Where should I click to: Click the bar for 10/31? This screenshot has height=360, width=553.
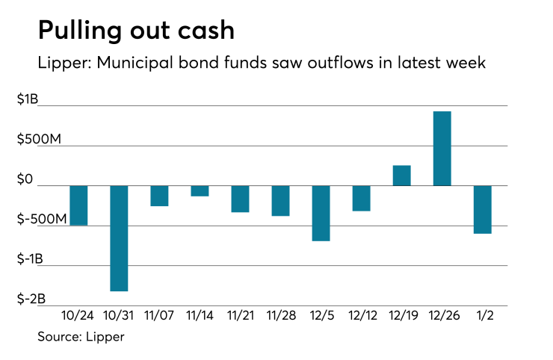pyautogui.click(x=119, y=238)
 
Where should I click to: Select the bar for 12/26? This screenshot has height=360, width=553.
pyautogui.click(x=442, y=149)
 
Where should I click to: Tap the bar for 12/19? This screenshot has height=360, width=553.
pyautogui.click(x=401, y=176)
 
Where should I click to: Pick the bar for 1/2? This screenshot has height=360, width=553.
pyautogui.click(x=482, y=209)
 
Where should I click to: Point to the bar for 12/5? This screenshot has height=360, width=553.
pyautogui.click(x=321, y=213)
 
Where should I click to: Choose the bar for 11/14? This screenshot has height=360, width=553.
pyautogui.click(x=200, y=190)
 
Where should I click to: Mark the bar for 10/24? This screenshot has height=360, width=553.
pyautogui.click(x=78, y=205)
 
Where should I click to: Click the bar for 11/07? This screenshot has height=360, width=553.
pyautogui.click(x=159, y=196)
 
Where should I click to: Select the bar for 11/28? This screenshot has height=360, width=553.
pyautogui.click(x=280, y=200)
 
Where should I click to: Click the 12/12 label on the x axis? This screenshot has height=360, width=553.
pyautogui.click(x=361, y=316)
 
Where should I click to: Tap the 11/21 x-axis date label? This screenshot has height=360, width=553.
pyautogui.click(x=240, y=316)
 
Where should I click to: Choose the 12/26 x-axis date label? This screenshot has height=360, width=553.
pyautogui.click(x=442, y=316)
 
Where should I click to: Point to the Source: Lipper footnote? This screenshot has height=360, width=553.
pyautogui.click(x=81, y=337)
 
